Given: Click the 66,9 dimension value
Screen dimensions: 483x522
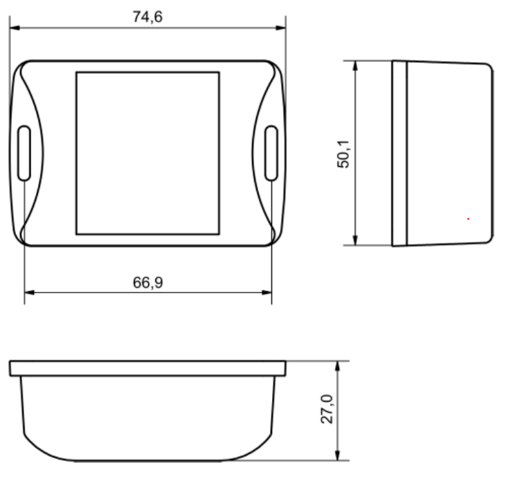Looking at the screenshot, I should [x=147, y=282].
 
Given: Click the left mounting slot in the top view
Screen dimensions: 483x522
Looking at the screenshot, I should [x=23, y=153].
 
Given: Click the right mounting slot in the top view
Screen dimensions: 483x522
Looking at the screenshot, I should [x=271, y=153].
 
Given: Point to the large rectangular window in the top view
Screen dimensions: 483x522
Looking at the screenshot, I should [x=147, y=152].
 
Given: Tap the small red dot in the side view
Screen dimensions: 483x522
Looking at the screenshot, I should [x=468, y=219].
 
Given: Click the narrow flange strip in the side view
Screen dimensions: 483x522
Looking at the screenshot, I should [x=399, y=153].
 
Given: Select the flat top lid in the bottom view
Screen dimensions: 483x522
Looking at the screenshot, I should [x=147, y=368].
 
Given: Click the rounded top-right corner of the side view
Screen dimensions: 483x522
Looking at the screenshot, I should [x=489, y=67].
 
